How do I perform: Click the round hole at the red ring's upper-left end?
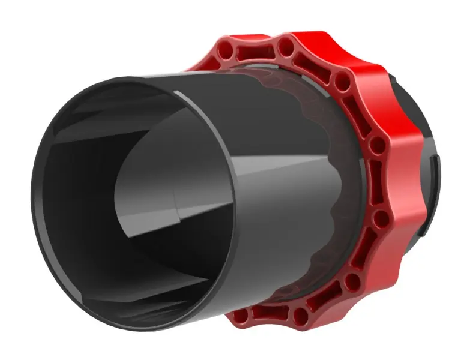[227, 47]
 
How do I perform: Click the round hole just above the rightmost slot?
[377, 145]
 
